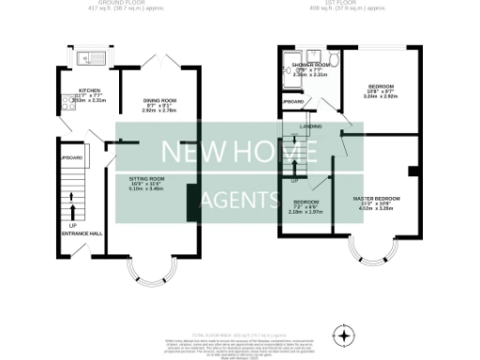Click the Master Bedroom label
click(377, 200)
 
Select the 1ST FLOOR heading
click(350, 3)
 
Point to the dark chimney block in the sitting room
click(191, 202)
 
